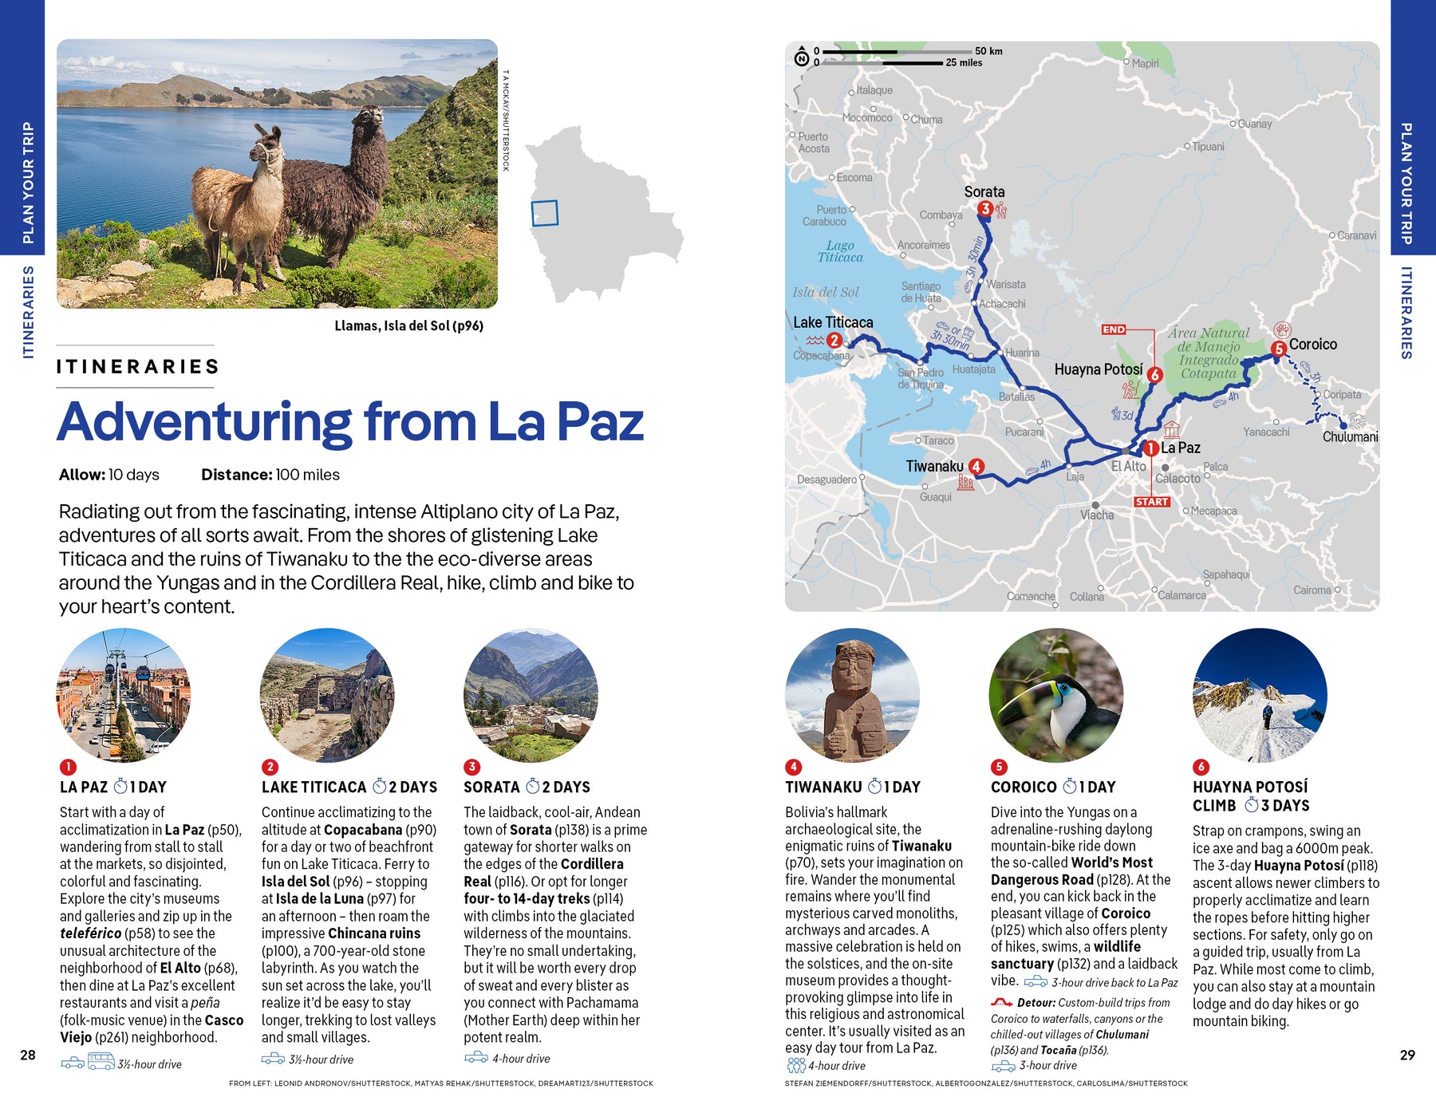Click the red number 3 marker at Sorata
(x=985, y=209)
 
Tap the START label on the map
(x=1151, y=502)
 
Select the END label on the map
(x=1114, y=330)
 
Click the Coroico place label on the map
(x=1312, y=345)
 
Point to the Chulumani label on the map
(x=1350, y=437)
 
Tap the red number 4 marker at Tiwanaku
(x=976, y=466)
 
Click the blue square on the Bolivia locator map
(x=544, y=213)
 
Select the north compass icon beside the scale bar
(x=801, y=57)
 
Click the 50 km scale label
(x=988, y=51)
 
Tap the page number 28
(x=28, y=1055)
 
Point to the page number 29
(x=1407, y=1055)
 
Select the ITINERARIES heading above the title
(x=137, y=367)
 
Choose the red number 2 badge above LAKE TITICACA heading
(x=270, y=767)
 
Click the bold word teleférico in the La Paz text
(x=91, y=933)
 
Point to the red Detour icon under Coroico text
(x=1001, y=1003)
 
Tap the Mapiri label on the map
(x=1145, y=63)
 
